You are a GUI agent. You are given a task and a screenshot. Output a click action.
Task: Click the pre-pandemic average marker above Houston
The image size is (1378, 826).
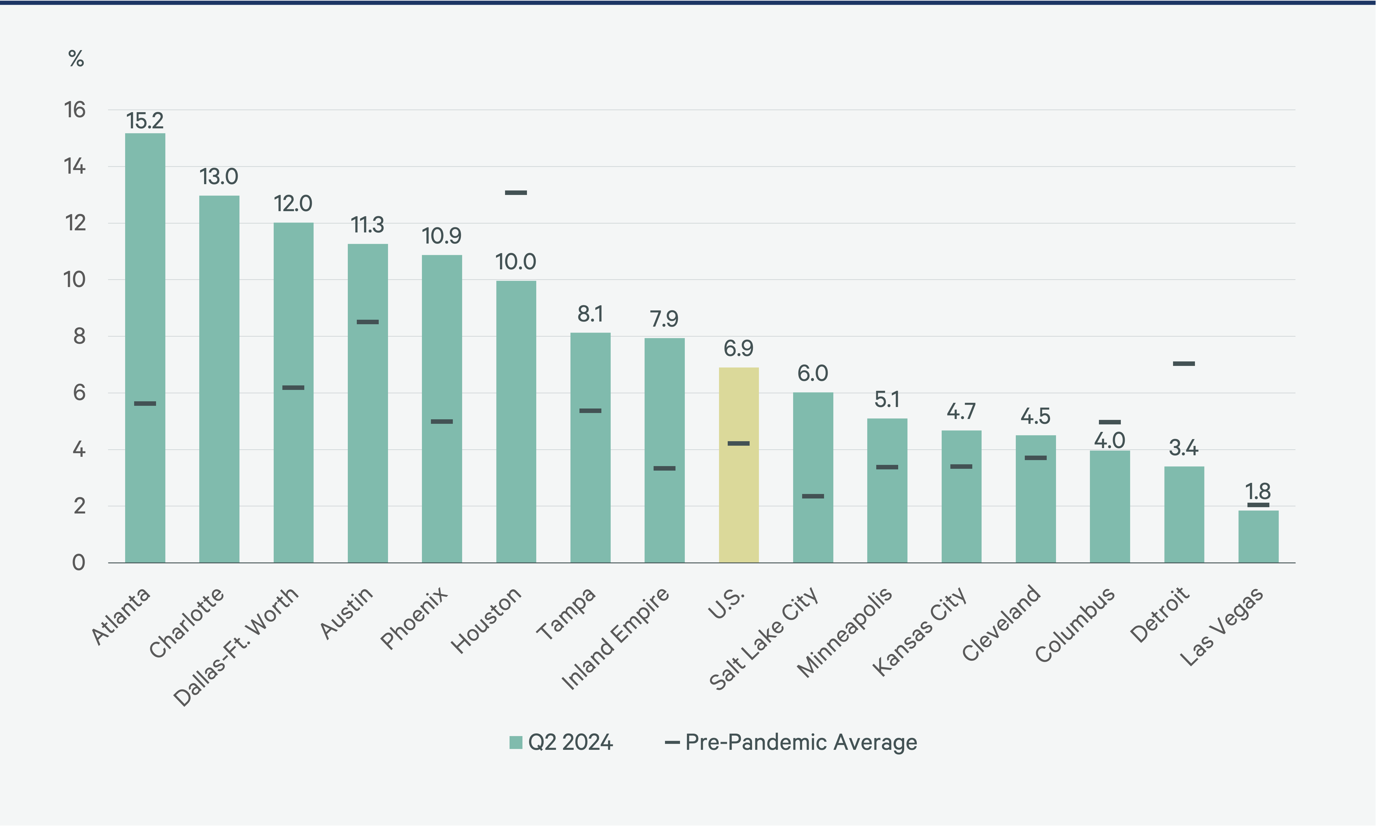(x=516, y=193)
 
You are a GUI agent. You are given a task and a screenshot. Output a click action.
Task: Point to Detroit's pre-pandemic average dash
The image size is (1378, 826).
(x=1184, y=364)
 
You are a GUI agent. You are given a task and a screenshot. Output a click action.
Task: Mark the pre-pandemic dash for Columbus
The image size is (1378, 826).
(x=1110, y=422)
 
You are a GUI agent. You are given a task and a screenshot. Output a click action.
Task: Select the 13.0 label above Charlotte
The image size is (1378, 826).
(x=219, y=177)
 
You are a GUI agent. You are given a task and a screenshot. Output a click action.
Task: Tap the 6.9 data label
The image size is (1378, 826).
(x=738, y=349)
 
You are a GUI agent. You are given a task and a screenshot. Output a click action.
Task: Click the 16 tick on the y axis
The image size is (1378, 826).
(x=75, y=110)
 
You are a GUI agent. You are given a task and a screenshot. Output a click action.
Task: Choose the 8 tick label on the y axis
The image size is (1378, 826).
(x=79, y=336)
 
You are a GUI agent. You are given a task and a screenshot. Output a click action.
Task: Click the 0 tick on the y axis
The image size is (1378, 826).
(x=79, y=563)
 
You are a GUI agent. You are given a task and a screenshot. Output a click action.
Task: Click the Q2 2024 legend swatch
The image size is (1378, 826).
(x=516, y=743)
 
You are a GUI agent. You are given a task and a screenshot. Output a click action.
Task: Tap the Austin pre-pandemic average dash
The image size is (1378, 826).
(x=368, y=322)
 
